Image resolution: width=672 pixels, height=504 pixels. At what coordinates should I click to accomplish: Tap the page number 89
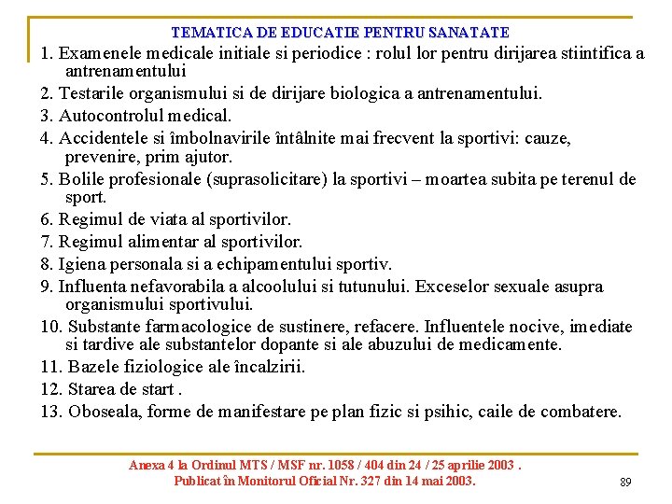(625, 483)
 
